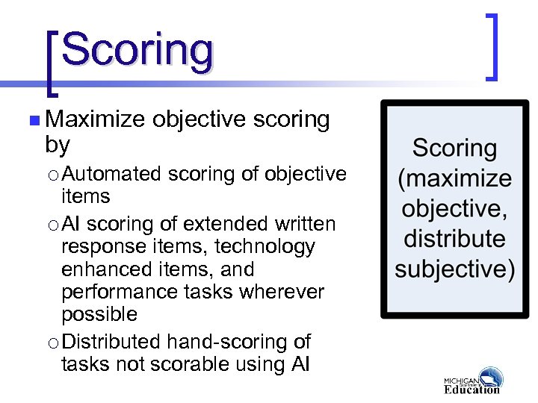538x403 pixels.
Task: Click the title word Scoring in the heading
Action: (x=137, y=50)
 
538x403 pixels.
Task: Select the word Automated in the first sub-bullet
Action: (x=111, y=174)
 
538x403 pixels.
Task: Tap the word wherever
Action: (x=279, y=292)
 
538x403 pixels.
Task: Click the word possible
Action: (x=99, y=314)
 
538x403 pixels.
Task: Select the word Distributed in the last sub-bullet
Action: (x=111, y=342)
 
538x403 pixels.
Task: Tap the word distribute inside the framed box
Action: (x=454, y=239)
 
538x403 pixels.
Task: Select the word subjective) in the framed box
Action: (x=454, y=269)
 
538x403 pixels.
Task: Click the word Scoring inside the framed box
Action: (x=454, y=148)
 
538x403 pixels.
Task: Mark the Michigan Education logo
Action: (x=472, y=380)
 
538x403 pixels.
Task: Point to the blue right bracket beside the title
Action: (x=492, y=46)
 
